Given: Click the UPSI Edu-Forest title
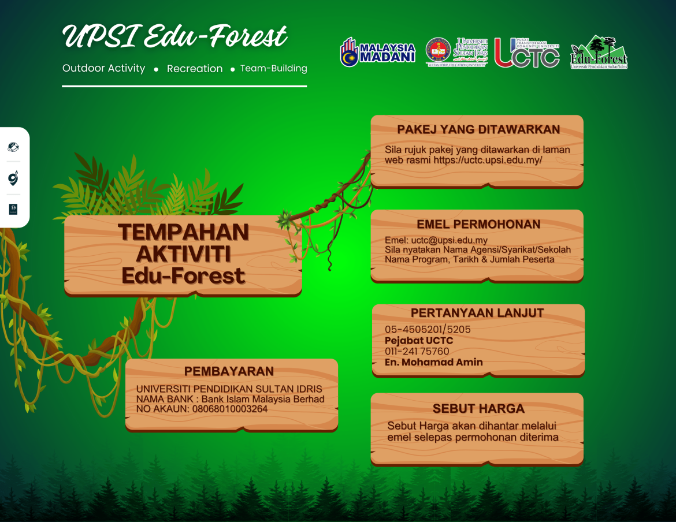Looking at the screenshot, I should (174, 37).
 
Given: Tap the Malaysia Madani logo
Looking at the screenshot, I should (378, 53).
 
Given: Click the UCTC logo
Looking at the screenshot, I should (526, 53).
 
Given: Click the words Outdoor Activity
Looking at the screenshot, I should (104, 68).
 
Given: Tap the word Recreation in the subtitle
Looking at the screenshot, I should (195, 69).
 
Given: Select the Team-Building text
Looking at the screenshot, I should (273, 68).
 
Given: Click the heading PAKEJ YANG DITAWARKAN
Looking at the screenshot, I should (478, 129).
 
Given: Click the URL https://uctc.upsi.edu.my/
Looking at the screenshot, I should (488, 161).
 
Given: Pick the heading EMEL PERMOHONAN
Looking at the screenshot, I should (478, 224).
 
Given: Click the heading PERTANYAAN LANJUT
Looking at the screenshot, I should (477, 313).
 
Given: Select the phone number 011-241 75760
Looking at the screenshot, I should (417, 351).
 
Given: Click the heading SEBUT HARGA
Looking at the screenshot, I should (478, 409).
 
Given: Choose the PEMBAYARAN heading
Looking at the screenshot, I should (229, 371).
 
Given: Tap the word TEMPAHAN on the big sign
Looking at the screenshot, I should (183, 232).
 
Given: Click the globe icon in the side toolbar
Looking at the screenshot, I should (13, 147).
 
